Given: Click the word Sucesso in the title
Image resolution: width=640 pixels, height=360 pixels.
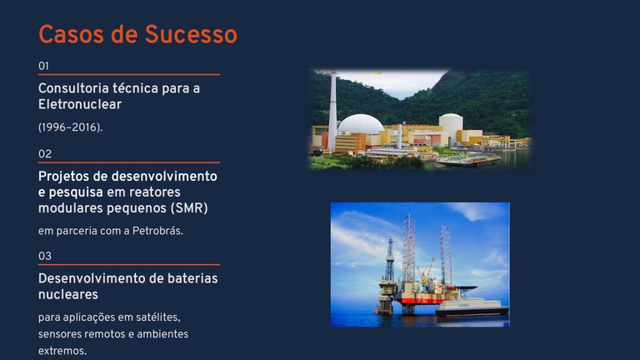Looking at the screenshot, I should coord(191,34).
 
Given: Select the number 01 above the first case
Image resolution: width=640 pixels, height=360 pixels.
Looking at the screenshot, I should coord(44,65).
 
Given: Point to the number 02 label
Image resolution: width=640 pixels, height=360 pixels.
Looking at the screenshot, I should coord(45,153).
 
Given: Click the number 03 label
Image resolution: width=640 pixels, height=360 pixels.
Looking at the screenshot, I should coord(45,256).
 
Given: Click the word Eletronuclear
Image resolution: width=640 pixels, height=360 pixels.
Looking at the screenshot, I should coord(80,105).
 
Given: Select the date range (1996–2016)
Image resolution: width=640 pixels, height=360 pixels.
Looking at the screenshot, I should coord(71,127).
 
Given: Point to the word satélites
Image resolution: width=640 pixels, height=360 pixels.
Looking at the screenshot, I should coord(154,317).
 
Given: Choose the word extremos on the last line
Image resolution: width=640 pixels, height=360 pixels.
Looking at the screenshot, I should coord(62,351).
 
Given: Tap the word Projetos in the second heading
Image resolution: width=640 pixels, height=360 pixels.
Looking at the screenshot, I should coord(65,177).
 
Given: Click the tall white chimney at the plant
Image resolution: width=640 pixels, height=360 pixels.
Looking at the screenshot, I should coord(332,112).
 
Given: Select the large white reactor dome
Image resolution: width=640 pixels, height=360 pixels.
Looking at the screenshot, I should coord(360,124).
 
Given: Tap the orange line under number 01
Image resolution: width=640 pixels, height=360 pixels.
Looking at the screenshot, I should coord(129,75).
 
